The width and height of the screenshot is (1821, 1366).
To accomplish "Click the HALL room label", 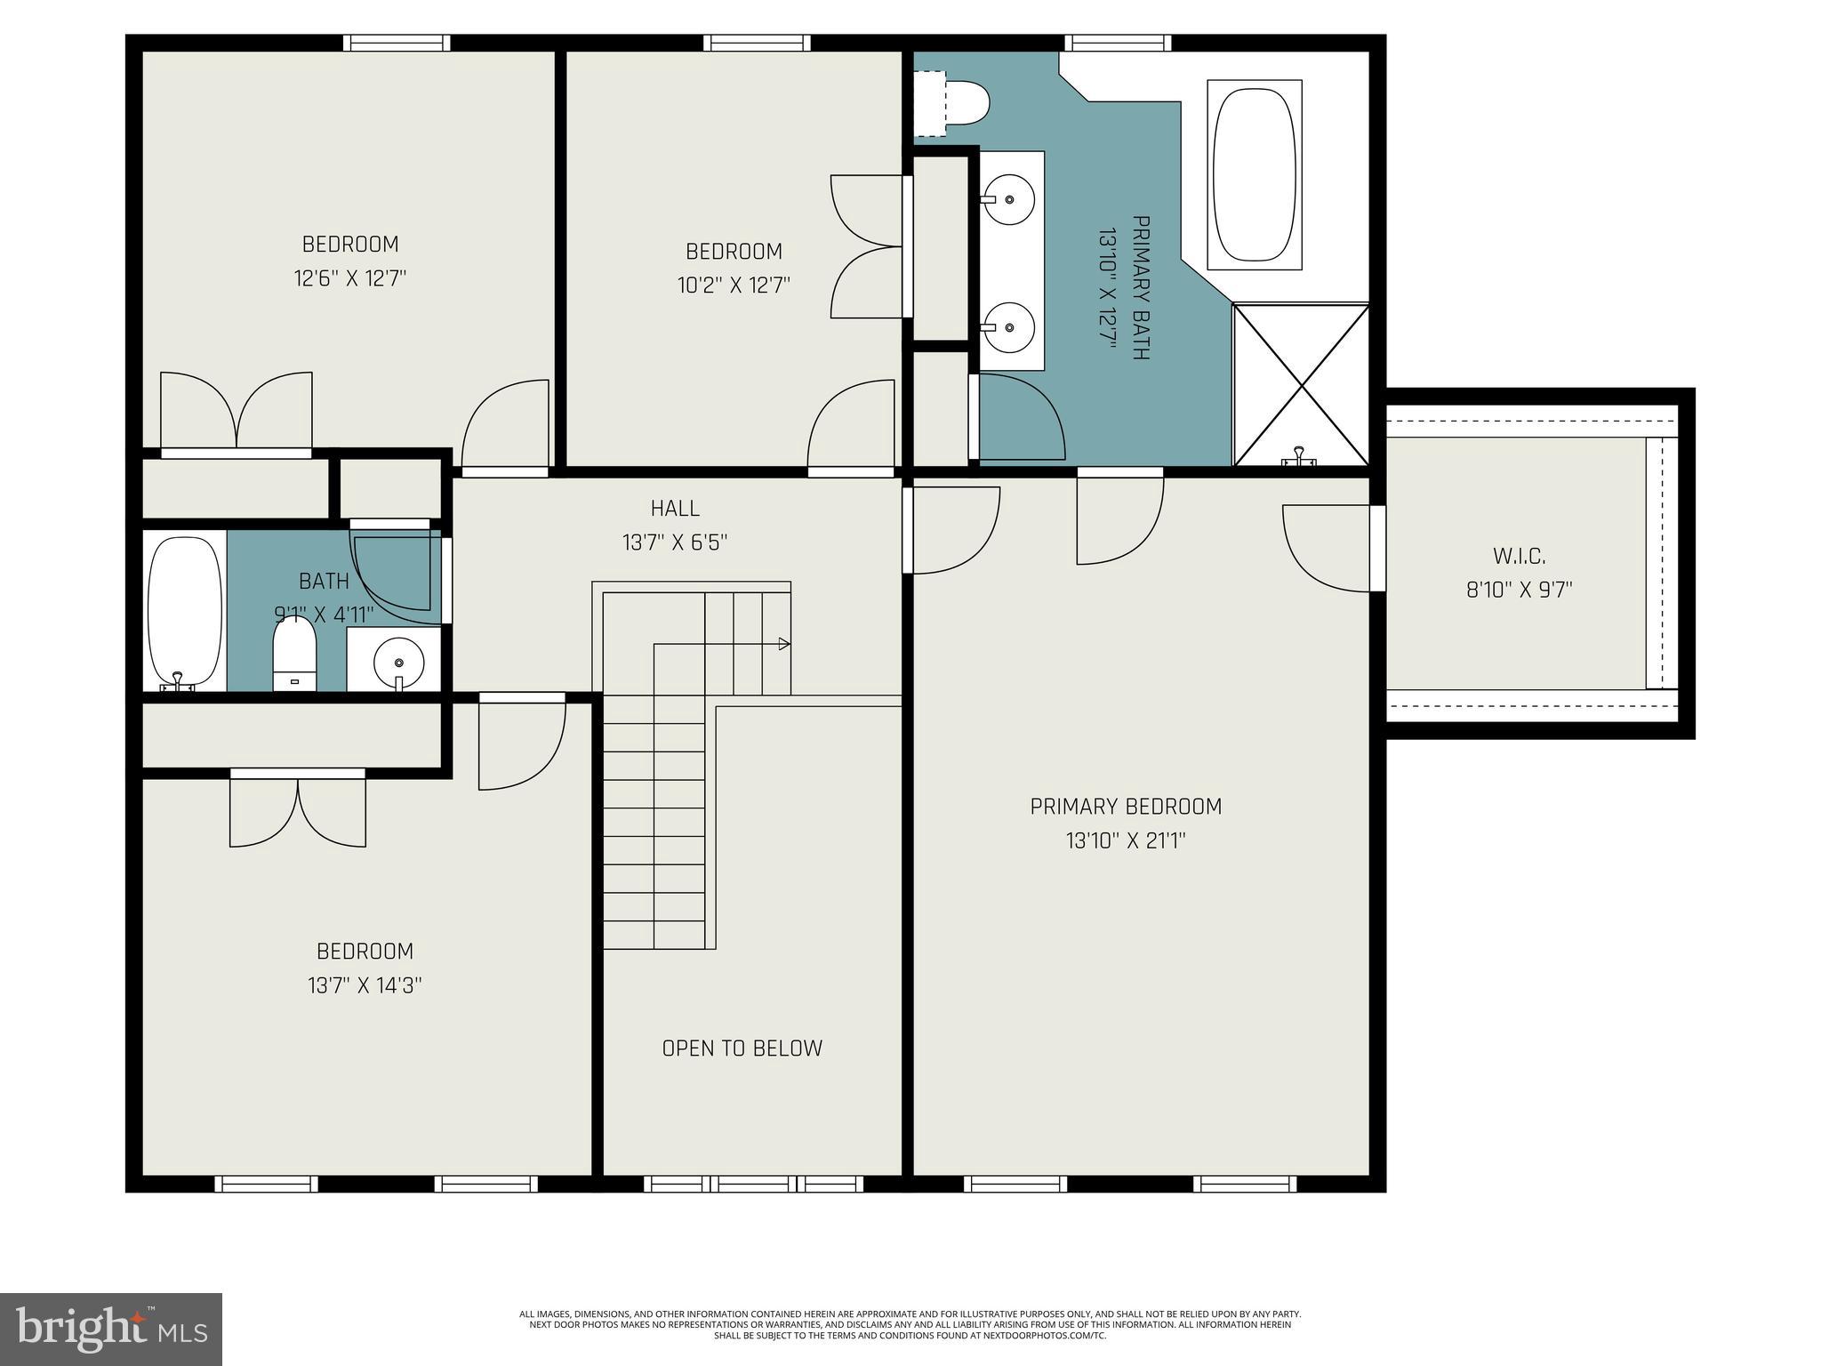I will click(675, 508).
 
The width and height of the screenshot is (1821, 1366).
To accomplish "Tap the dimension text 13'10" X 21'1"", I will click(1126, 840).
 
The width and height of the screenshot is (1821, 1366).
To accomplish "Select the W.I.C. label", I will click(1519, 557).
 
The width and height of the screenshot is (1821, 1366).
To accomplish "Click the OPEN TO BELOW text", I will click(742, 1048).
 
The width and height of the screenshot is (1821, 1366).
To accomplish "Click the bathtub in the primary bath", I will click(1254, 174).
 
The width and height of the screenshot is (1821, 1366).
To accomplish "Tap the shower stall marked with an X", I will click(1300, 384).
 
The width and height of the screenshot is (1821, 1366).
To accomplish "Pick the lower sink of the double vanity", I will click(1011, 325).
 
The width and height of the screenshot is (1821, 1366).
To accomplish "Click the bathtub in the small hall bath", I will click(184, 612).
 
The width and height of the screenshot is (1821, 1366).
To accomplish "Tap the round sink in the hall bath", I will click(398, 661).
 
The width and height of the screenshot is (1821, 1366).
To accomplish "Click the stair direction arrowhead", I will click(783, 644).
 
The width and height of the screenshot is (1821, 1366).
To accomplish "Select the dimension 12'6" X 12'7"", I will click(350, 278).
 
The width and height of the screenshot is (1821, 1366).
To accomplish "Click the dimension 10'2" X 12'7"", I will click(734, 285).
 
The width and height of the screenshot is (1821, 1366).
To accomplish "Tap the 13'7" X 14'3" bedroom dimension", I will click(365, 985).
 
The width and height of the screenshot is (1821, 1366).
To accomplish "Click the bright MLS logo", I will click(111, 1329).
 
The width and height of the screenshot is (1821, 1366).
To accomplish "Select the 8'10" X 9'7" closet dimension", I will click(1519, 590).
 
